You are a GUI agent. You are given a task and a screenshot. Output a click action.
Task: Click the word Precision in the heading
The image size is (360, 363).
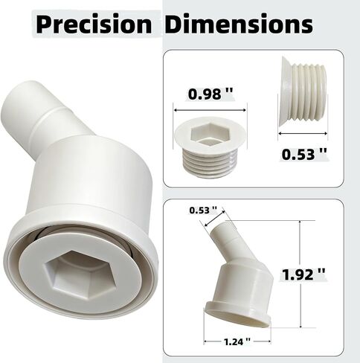click(x=94, y=25)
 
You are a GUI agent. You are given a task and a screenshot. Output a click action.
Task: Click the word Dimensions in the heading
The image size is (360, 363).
click(x=239, y=24)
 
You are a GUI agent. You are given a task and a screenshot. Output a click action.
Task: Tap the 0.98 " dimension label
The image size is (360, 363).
click(x=210, y=94)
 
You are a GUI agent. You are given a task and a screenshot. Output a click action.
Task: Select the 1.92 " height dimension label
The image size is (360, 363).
click(x=303, y=274)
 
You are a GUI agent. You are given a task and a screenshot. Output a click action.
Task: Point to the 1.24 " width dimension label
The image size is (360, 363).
click(x=237, y=342)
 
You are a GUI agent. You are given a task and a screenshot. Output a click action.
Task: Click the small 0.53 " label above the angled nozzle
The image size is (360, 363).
click(x=203, y=211)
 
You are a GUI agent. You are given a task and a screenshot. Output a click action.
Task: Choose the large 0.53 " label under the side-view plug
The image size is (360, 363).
click(x=304, y=154)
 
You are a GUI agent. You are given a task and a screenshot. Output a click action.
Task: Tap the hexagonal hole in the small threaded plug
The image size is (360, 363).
click(x=210, y=134)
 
